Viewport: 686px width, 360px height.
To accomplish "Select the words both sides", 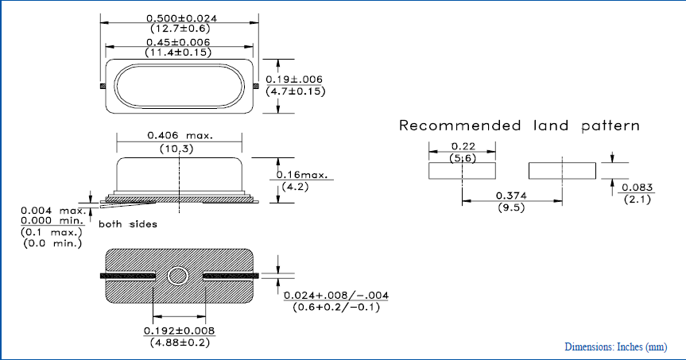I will click(x=127, y=224).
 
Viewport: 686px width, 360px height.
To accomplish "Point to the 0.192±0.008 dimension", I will click(x=179, y=331).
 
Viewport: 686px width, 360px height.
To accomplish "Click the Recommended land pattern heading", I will click(x=518, y=126).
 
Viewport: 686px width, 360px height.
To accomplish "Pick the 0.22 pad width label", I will click(x=462, y=146).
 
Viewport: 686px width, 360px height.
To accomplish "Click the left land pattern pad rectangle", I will click(x=462, y=170).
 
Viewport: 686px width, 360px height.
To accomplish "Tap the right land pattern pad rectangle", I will click(x=562, y=170).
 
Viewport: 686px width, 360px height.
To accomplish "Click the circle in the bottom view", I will click(x=179, y=277).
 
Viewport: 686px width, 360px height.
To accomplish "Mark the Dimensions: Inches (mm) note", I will click(x=615, y=347).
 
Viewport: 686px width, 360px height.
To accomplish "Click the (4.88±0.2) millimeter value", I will click(x=179, y=343).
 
